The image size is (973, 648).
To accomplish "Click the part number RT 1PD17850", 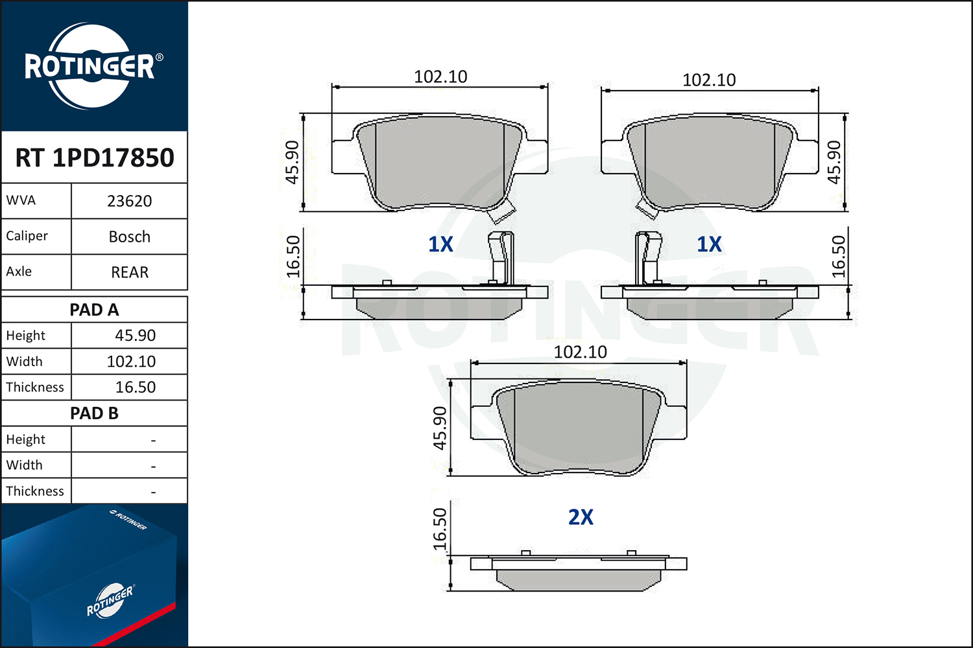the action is click(95, 157).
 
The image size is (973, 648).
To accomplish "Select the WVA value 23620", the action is click(130, 202).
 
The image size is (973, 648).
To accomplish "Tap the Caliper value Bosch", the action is click(130, 237).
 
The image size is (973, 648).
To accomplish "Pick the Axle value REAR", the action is click(130, 272).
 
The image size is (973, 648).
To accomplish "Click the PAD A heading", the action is click(94, 310).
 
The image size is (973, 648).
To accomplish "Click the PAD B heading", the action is click(94, 413).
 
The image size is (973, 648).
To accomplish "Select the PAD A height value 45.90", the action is click(135, 336).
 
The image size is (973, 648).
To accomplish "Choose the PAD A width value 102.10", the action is click(131, 362).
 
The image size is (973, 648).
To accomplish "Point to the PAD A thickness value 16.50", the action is click(135, 387).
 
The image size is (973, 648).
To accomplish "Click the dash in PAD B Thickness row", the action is click(153, 492).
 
